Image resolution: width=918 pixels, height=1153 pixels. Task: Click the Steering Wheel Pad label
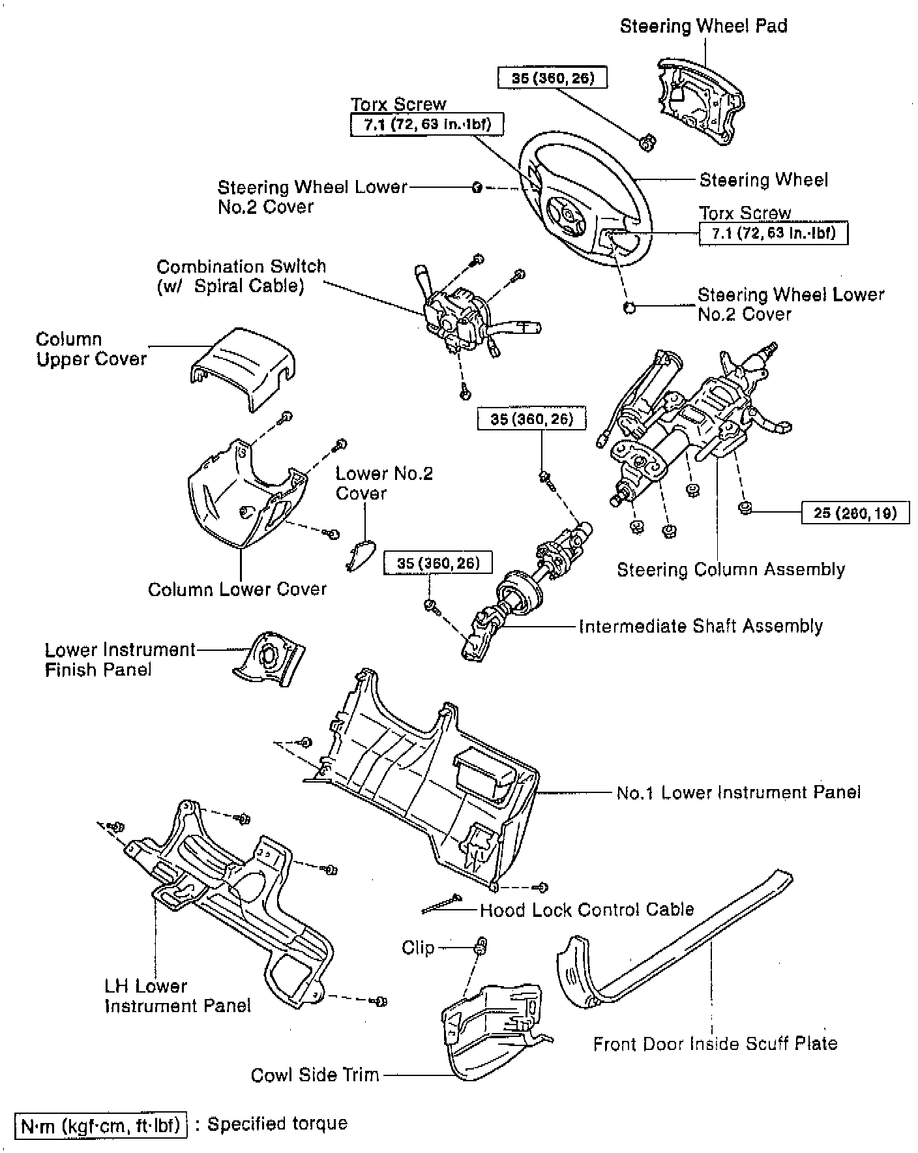[x=703, y=27]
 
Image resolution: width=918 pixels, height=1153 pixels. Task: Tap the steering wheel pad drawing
[x=701, y=101]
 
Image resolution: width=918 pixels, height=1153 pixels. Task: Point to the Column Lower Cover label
[x=237, y=590]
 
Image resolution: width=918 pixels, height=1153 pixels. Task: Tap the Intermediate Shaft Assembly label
[x=701, y=627]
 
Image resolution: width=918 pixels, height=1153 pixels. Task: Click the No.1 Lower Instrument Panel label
[x=738, y=792]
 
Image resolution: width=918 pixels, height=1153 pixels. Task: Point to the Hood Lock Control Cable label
[x=586, y=910]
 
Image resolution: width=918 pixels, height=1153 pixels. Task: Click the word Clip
[x=418, y=948]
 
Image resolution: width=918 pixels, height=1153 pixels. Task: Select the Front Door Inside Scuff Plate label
[x=715, y=1044]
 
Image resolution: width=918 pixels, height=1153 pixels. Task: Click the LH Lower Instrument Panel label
[x=177, y=996]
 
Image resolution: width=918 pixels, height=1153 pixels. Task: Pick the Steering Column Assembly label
[x=730, y=570]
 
